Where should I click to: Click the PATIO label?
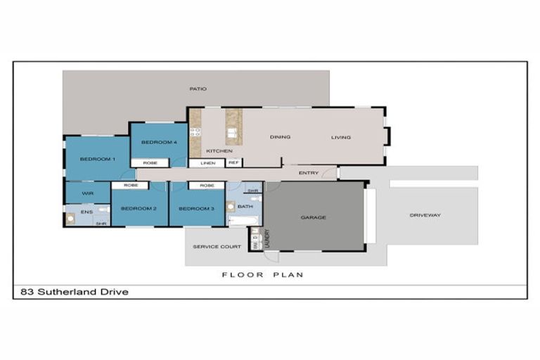(x=197, y=89)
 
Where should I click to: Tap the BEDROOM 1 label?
(x=97, y=160)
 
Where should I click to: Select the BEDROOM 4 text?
(x=159, y=143)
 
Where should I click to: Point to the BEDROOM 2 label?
(x=139, y=209)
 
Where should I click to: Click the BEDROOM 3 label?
(x=196, y=209)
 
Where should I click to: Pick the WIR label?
(x=88, y=193)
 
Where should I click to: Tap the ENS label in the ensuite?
(x=86, y=211)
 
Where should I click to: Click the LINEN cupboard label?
(x=207, y=163)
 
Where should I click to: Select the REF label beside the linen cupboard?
(x=233, y=163)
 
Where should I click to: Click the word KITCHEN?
(x=219, y=151)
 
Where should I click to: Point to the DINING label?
(x=280, y=137)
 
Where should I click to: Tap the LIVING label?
(x=341, y=137)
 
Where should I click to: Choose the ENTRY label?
(x=308, y=173)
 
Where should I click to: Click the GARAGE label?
(x=313, y=218)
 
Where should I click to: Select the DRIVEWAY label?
(x=425, y=215)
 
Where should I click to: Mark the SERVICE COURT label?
(x=217, y=247)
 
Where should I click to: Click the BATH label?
(x=245, y=207)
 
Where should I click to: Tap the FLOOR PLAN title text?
(x=263, y=275)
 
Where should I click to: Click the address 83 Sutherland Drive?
(x=72, y=292)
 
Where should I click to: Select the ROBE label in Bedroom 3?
(x=207, y=186)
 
